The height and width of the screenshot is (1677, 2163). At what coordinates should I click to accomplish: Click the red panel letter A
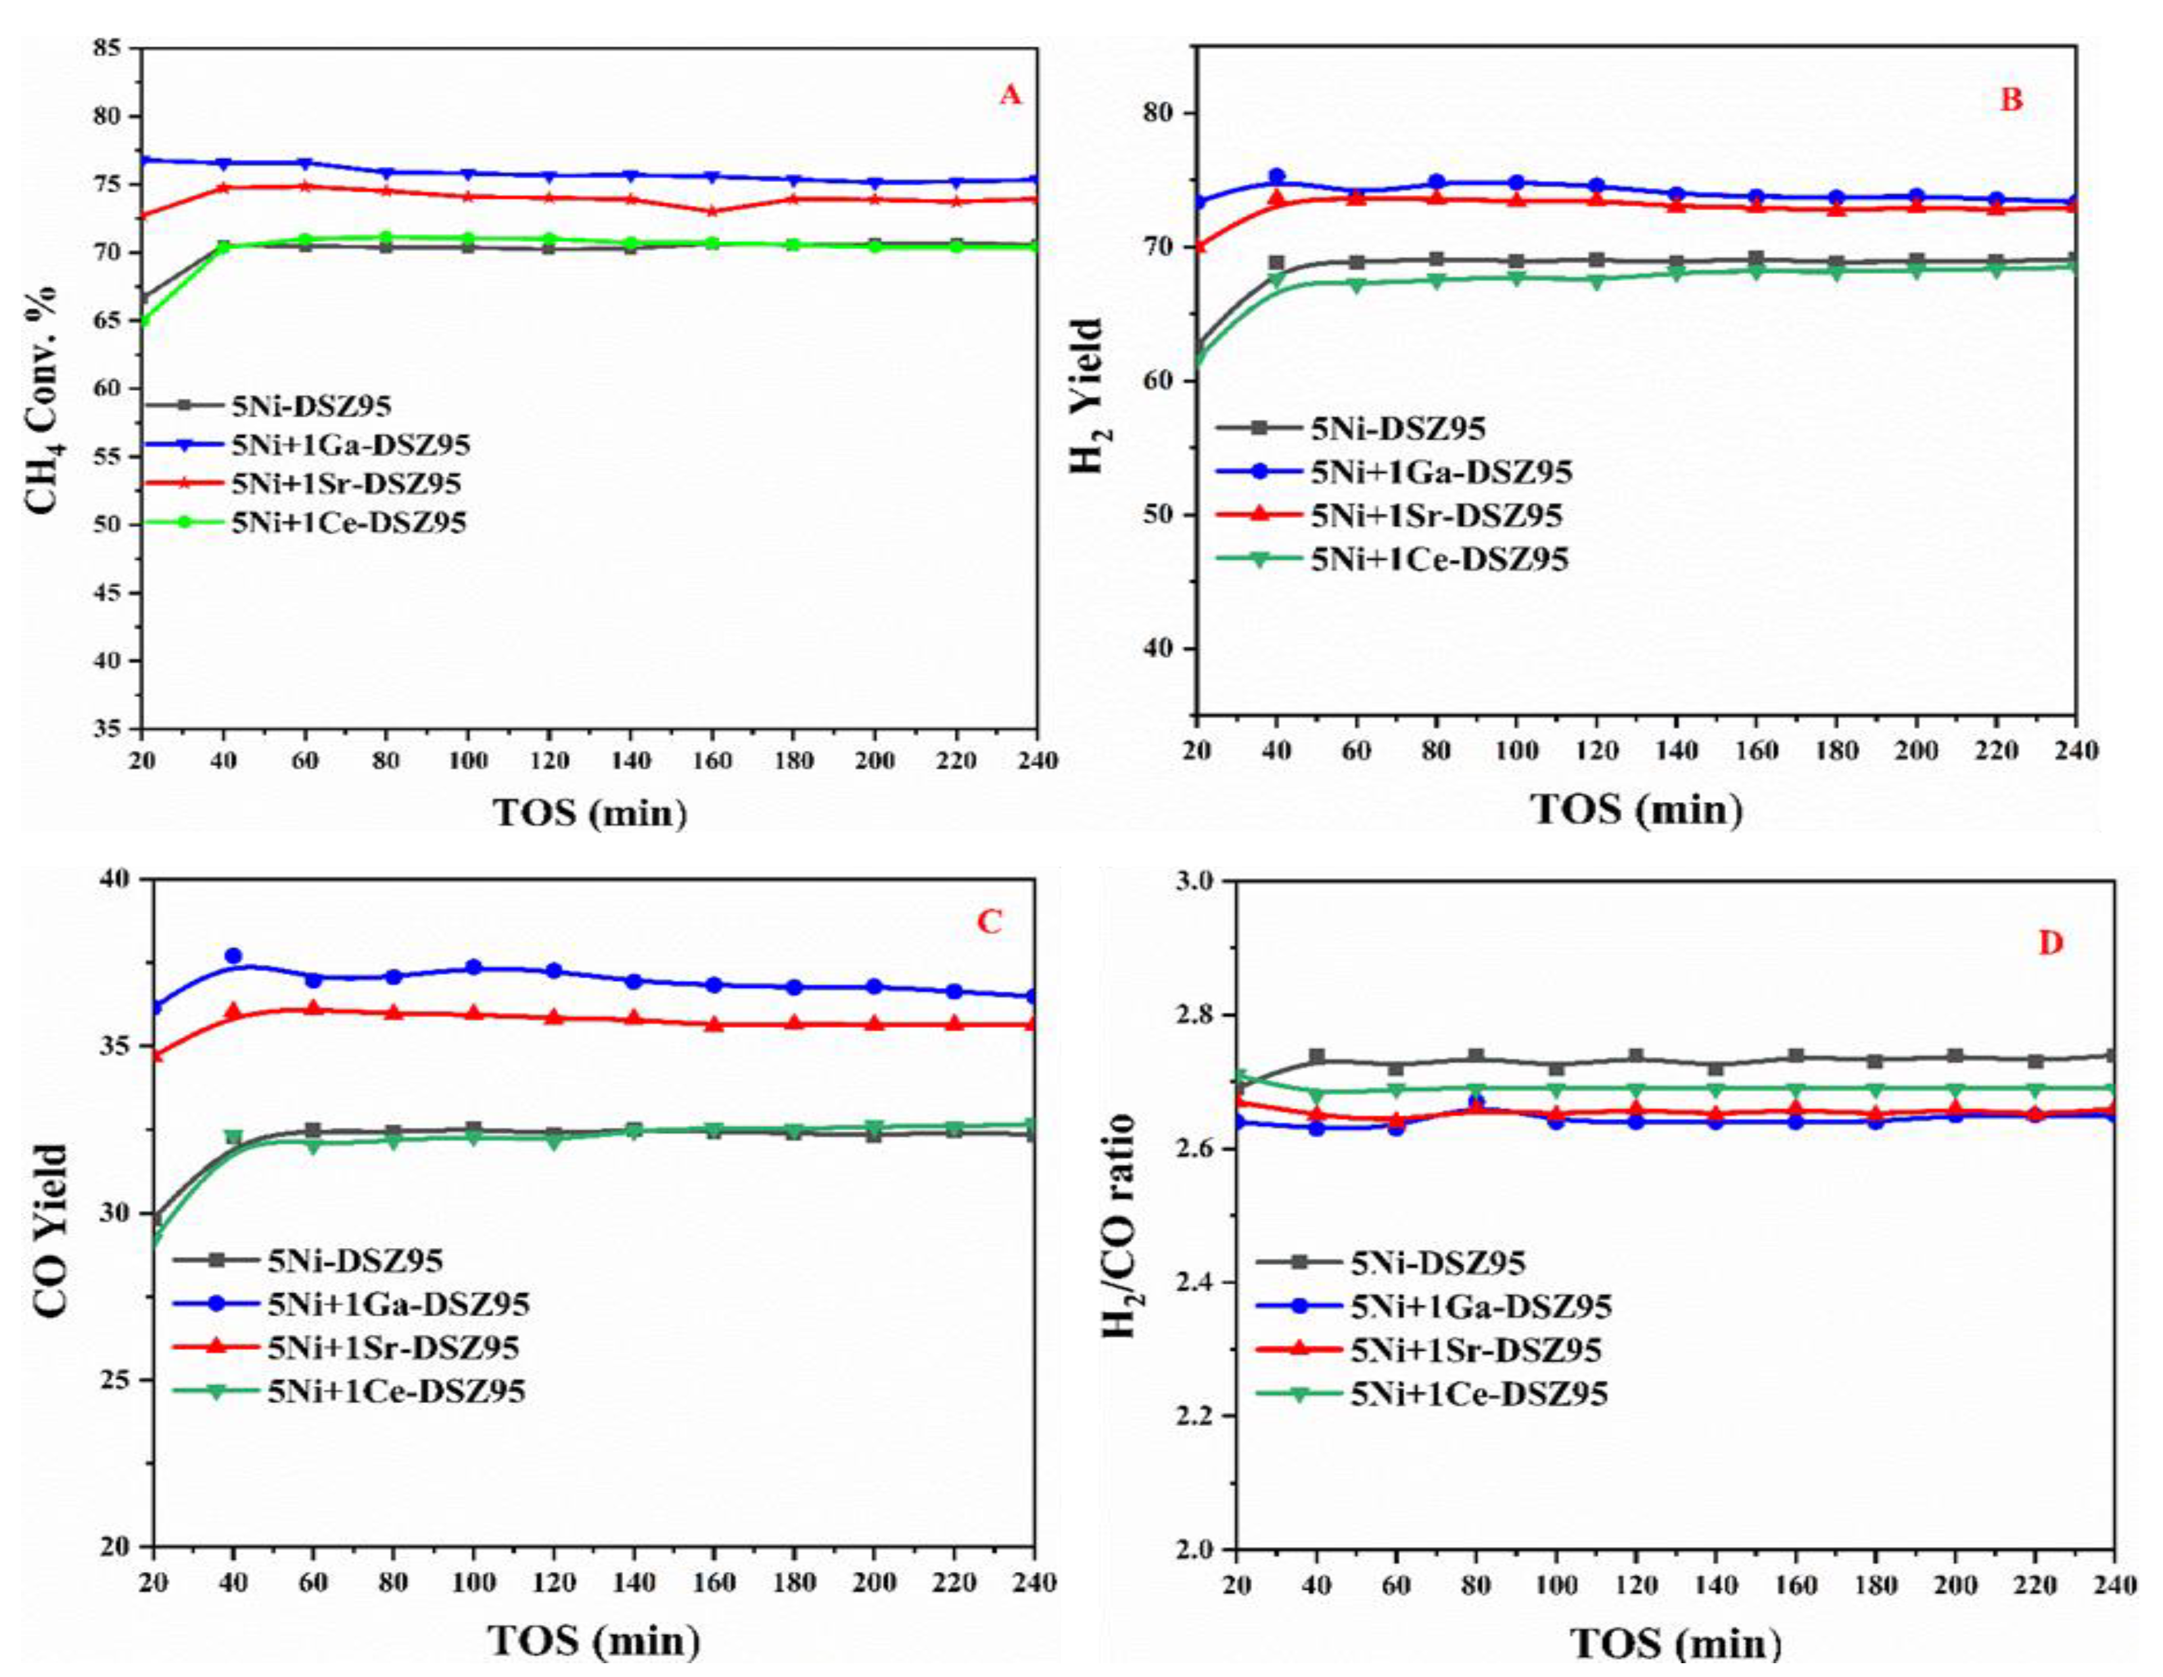click(1009, 95)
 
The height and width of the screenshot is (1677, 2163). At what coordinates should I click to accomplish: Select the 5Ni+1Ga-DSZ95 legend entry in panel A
click(350, 445)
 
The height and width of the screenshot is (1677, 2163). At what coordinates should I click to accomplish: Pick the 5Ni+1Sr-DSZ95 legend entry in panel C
click(393, 1347)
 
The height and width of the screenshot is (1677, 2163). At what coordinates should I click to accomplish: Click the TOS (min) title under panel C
click(593, 1642)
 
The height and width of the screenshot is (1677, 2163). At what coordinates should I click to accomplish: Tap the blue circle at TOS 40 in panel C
click(234, 955)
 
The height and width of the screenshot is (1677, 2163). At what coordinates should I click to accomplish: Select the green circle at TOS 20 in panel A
click(143, 321)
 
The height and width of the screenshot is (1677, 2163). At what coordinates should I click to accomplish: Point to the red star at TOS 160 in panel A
click(712, 211)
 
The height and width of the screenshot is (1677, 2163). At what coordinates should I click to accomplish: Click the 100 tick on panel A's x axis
click(469, 760)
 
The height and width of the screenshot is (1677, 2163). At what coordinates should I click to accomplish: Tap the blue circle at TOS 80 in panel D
click(1476, 1102)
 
